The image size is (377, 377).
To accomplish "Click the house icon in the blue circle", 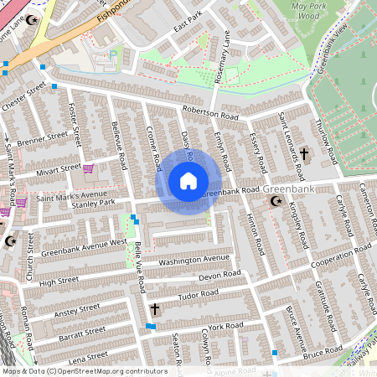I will [x=188, y=181].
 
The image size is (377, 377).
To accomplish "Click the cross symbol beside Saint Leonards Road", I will [x=304, y=154].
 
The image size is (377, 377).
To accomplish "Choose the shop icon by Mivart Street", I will [x=88, y=168].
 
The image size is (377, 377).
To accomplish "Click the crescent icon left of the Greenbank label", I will [x=272, y=202].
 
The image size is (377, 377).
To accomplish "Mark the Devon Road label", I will [x=219, y=276].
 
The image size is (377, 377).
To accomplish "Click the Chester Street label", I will [x=23, y=91].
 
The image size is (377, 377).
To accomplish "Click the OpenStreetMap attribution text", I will [x=84, y=370].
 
